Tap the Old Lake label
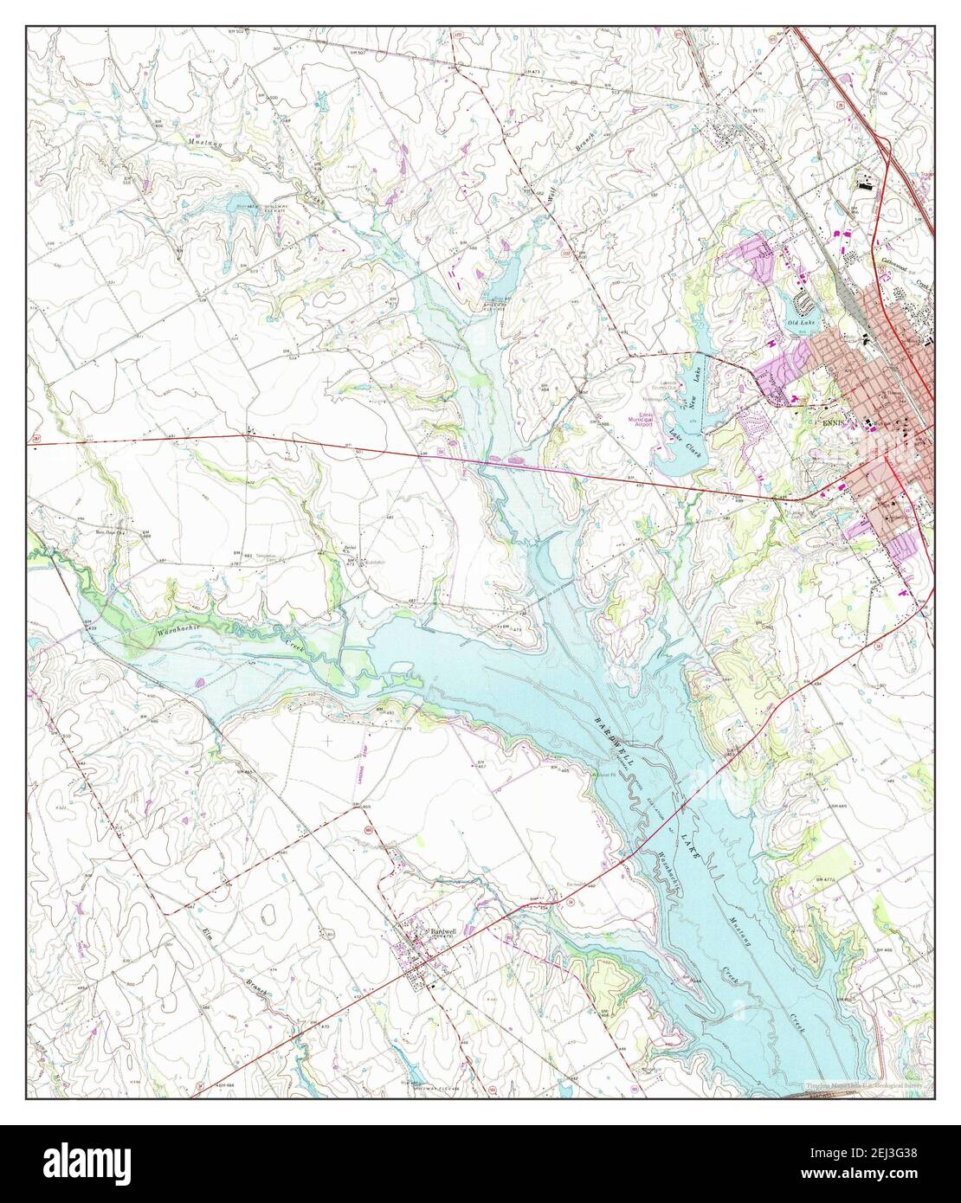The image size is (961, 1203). [801, 323]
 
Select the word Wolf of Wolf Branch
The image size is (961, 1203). [551, 194]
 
